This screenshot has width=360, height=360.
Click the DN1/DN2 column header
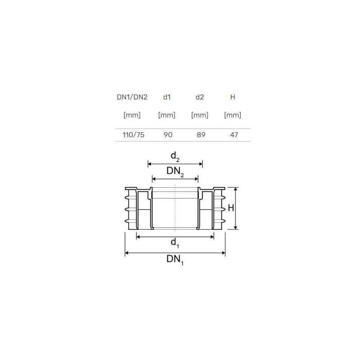pos(132,97)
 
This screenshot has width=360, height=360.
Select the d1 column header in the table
pos(167,97)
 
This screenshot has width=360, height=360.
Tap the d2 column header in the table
pos(200,97)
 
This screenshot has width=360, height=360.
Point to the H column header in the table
pos(233,97)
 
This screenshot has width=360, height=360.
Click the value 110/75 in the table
pos(133,135)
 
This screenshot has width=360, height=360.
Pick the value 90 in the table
pos(168,135)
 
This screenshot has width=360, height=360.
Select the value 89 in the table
pos(201,135)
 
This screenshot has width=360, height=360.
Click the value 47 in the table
pos(234,135)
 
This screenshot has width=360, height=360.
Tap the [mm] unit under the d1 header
pos(167,115)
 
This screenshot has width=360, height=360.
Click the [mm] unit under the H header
pos(233,115)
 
